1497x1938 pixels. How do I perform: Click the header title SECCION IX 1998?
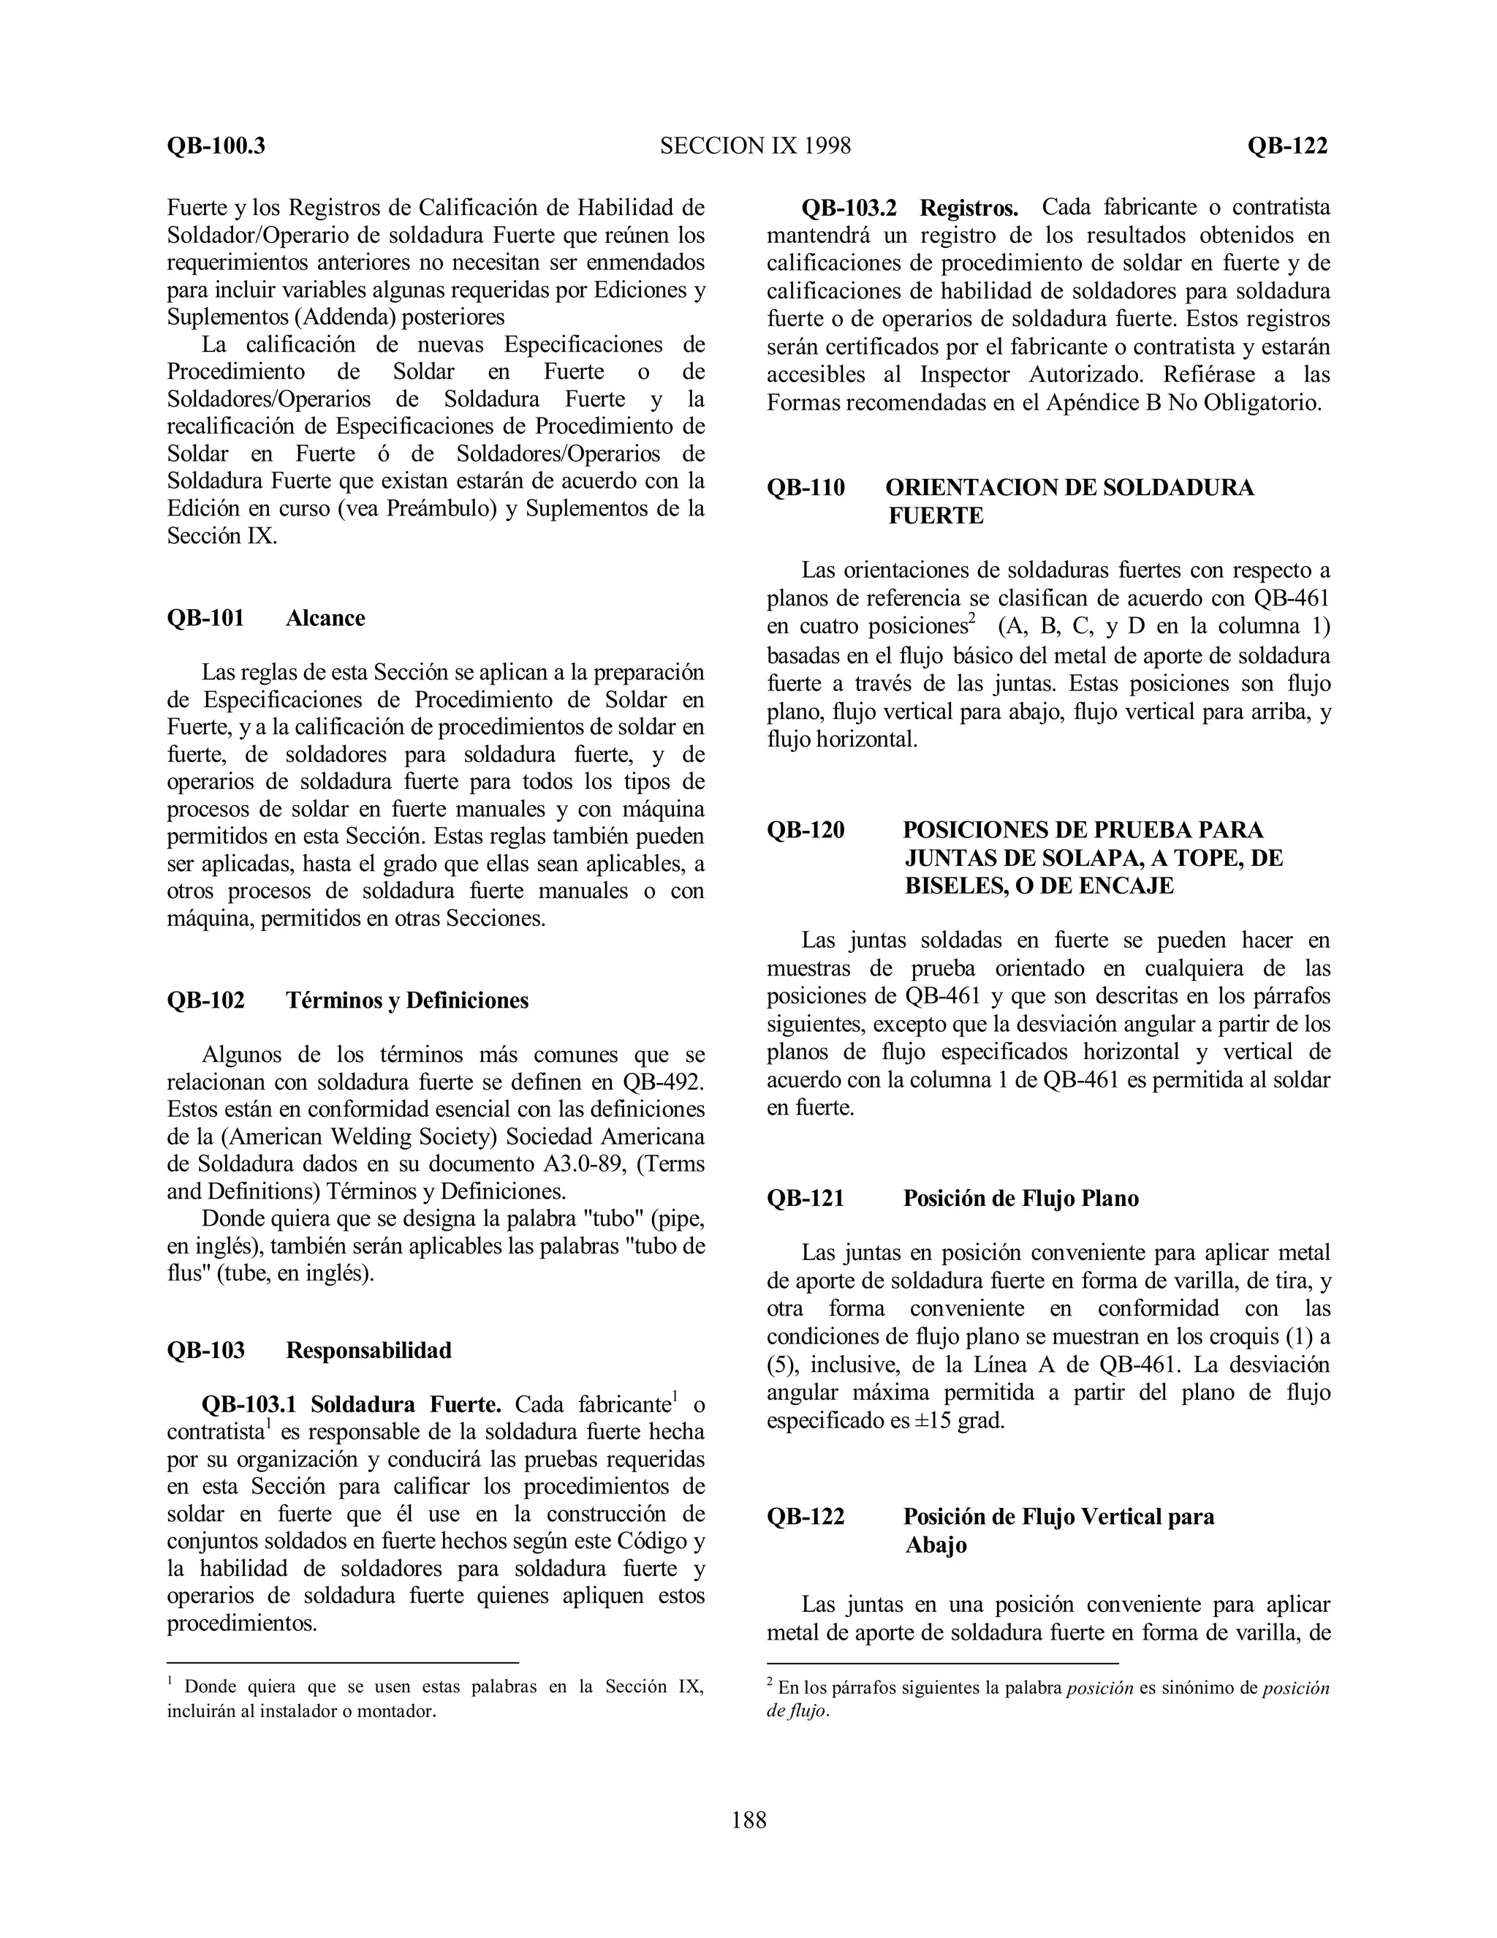(754, 146)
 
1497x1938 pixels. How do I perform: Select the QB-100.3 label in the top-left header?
(216, 146)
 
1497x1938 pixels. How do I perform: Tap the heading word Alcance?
(325, 619)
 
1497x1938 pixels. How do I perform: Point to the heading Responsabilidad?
(368, 1351)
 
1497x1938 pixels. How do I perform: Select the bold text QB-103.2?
(849, 208)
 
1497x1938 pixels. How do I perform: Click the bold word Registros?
(969, 208)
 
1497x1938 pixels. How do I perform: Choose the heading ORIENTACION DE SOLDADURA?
(1069, 488)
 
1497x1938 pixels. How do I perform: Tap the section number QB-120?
(806, 831)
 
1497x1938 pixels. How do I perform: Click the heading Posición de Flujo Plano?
(1020, 1199)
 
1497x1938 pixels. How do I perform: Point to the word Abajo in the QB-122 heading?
(936, 1545)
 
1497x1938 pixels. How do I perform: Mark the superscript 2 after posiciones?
(972, 619)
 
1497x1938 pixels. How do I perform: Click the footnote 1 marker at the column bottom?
(170, 1681)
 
